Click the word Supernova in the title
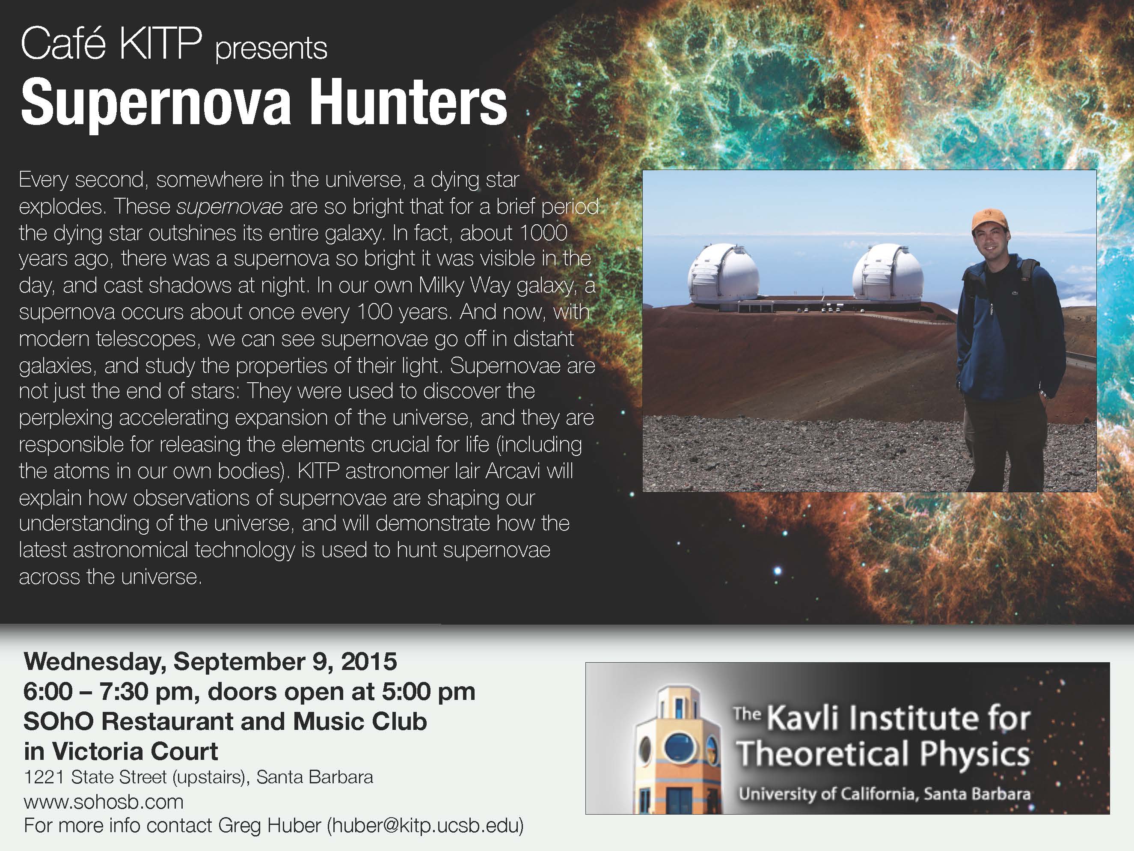tap(156, 104)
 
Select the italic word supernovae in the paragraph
tap(229, 207)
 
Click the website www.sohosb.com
tap(104, 801)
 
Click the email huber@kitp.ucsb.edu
tap(425, 825)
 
